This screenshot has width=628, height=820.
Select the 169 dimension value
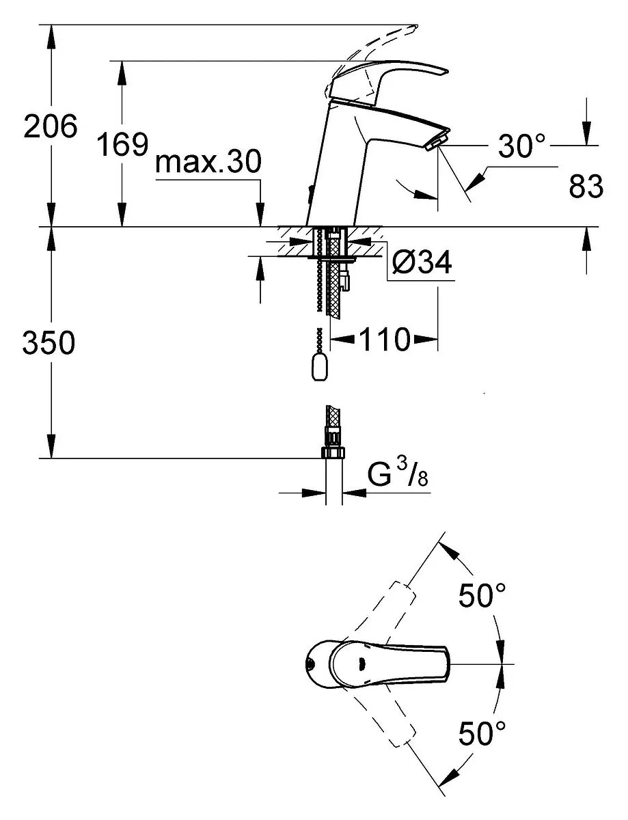pos(122,143)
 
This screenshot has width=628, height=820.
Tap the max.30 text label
pos(208,161)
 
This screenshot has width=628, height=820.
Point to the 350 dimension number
pos(49,342)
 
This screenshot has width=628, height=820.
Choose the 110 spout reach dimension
pos(384,339)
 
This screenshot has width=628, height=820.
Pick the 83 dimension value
pos(586,186)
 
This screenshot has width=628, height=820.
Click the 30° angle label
pos(521,146)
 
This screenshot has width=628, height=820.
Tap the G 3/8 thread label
pos(398,475)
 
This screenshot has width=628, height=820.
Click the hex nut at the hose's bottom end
pos(332,452)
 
